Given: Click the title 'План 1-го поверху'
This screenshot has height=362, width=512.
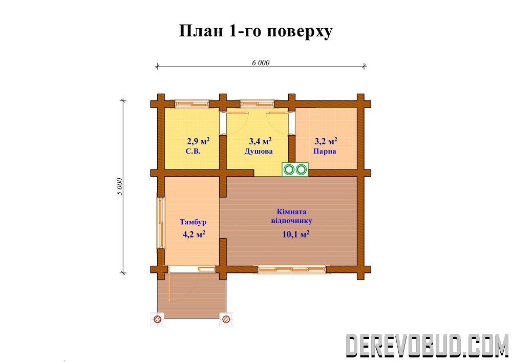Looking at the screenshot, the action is [x=255, y=32].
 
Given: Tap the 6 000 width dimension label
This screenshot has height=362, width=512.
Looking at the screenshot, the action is [x=261, y=62].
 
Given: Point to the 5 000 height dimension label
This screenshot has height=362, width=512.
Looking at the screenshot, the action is [x=119, y=186].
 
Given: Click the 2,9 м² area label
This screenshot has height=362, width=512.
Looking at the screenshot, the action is [x=198, y=141].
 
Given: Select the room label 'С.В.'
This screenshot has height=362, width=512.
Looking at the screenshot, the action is [x=193, y=152].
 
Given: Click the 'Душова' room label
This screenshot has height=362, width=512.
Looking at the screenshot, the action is [x=259, y=152].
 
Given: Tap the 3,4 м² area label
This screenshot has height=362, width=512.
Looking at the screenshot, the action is [x=260, y=141].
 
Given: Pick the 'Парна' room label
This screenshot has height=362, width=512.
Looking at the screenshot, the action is [x=325, y=152].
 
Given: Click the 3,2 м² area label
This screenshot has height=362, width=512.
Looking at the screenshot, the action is [x=326, y=141].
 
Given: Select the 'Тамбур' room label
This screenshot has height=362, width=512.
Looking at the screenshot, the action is [x=193, y=222].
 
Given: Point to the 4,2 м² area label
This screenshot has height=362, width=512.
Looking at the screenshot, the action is [x=194, y=234].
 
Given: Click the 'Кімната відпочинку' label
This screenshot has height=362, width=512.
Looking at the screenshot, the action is [x=292, y=216].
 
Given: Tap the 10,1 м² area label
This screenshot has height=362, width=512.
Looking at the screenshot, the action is [x=296, y=234].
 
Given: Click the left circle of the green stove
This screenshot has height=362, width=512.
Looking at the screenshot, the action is [x=289, y=169].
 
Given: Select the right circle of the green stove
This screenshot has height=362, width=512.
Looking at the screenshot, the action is [x=301, y=169].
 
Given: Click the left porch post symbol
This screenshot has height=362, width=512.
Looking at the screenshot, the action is [x=157, y=319].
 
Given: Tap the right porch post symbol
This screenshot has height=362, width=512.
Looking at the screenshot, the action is [x=226, y=319].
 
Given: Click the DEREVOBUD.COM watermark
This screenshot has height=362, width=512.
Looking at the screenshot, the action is [x=427, y=345].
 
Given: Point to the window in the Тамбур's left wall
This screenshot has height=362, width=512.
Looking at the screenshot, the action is [x=161, y=223].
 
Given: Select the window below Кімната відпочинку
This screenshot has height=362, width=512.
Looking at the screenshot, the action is [x=292, y=269].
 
